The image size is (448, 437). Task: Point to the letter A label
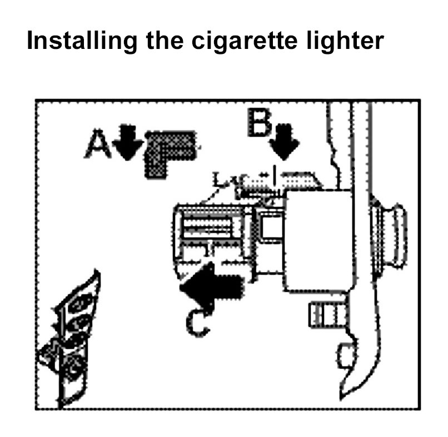coord(98,146)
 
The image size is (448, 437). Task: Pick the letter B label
coord(260,123)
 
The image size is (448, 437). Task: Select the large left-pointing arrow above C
coord(211,285)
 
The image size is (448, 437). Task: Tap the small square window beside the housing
coord(271,228)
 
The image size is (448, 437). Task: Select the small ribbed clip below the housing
coord(323,315)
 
